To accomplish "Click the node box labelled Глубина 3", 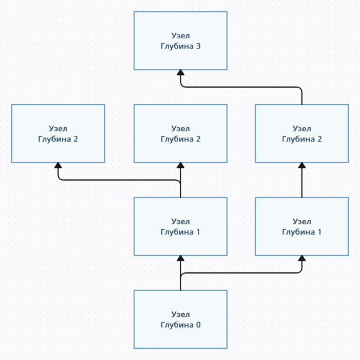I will click(x=180, y=40).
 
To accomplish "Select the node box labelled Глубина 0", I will click(x=180, y=319).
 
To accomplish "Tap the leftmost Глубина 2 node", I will click(x=58, y=133).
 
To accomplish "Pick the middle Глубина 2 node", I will click(x=180, y=133).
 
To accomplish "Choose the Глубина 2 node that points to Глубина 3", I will click(x=302, y=133).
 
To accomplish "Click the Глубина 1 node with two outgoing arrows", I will click(x=180, y=226).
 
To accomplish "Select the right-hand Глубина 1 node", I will click(x=302, y=226).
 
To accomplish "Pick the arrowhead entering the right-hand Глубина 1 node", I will click(x=302, y=259).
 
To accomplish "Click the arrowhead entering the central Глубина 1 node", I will click(x=180, y=259).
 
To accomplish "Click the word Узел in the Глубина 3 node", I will click(x=180, y=35).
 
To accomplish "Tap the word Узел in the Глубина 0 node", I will click(x=180, y=314).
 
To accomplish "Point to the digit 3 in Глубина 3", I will click(x=198, y=46).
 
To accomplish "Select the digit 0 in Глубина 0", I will click(x=198, y=325).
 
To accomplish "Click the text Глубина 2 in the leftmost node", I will click(x=58, y=139).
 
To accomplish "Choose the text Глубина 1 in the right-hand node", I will click(x=302, y=232).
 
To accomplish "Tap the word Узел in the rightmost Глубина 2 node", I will click(x=302, y=128).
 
